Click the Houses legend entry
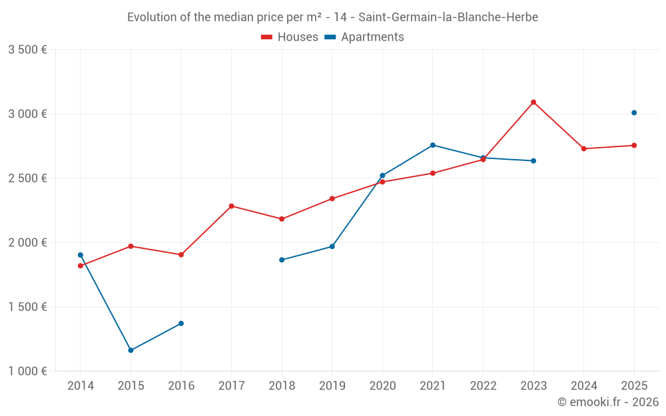[290, 37]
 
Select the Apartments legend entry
[364, 37]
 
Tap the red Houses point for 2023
[533, 103]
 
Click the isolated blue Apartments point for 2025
[634, 112]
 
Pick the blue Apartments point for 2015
[131, 350]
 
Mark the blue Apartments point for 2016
[181, 323]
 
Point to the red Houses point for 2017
[231, 206]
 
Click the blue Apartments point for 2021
[433, 145]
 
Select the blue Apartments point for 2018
[282, 260]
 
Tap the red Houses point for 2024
[584, 148]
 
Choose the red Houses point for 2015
[131, 246]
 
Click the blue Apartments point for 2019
[332, 246]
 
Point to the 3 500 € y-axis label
[27, 50]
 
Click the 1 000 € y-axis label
[27, 371]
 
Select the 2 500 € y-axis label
[27, 178]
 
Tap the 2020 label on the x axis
[382, 385]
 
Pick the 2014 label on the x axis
[81, 385]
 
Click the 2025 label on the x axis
[634, 385]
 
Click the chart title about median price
[332, 17]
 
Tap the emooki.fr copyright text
[608, 402]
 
